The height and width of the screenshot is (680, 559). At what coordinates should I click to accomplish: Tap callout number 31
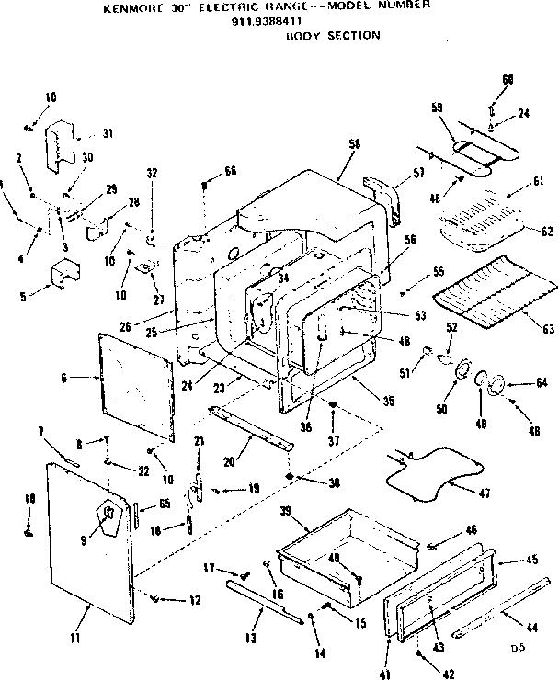108,133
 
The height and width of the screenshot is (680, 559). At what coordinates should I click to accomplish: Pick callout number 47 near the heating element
485,493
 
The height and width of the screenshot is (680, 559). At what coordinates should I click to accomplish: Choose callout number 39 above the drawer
286,510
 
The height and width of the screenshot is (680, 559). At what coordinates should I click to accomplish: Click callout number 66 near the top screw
230,172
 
